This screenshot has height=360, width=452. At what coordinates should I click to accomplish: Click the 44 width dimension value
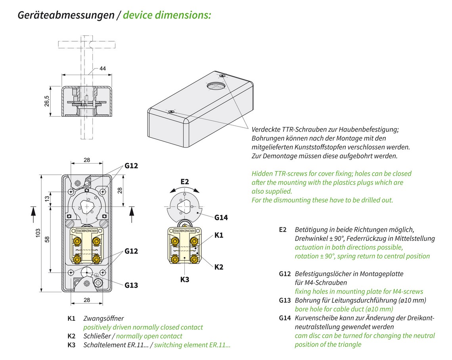pos(103,68)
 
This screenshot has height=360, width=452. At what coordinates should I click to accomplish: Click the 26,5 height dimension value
pos(47,101)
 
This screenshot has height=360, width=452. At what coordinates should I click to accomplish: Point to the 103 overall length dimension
pos(38,233)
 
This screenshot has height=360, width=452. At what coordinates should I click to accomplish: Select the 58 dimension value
pos(47,239)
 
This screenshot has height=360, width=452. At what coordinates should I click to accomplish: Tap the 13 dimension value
pos(47,198)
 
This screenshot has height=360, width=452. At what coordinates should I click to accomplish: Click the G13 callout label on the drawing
pos(131,285)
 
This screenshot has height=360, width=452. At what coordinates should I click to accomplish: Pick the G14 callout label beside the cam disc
pos(221,218)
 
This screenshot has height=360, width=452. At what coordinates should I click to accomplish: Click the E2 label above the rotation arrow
pos(185,182)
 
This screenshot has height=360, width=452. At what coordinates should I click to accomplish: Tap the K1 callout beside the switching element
pos(219,235)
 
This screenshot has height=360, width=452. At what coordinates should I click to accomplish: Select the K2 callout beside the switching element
pos(219,267)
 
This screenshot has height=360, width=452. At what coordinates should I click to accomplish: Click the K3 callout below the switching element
pos(185,279)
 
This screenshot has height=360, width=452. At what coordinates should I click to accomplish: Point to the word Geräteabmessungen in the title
pos(66,15)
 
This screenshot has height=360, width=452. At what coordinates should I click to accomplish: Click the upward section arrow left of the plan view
pos(33,215)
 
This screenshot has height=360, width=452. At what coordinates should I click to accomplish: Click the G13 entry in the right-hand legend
pos(285,300)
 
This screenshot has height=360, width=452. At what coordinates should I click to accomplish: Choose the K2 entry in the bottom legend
pos(71,336)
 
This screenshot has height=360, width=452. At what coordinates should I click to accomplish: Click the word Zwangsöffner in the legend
pos(103,318)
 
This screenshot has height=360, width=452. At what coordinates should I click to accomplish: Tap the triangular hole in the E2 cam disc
pos(183,206)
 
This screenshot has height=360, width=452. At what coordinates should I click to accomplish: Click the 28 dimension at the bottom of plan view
pos(87,300)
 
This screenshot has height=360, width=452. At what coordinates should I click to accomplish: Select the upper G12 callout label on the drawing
pos(131,166)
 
